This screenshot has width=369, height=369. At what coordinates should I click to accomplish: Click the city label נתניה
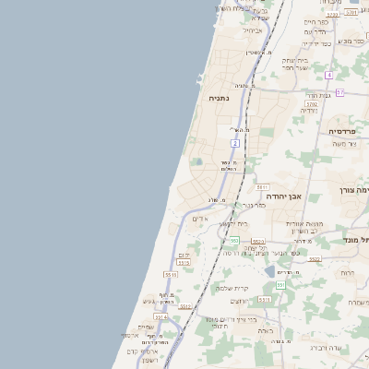coord(218,98)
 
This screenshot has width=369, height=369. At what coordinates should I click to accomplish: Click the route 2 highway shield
coord(235,144)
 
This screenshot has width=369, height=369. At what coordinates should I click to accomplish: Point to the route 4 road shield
coord(328,74)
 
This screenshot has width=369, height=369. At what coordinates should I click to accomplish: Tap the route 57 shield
coord(339,92)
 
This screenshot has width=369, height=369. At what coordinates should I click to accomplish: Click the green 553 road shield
coord(235,240)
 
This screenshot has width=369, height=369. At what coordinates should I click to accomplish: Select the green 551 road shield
coord(280,284)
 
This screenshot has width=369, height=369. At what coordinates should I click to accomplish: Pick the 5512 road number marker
coord(185,306)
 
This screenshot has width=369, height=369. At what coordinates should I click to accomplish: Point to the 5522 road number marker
coord(315,259)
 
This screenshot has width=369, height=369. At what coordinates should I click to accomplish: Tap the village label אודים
coord(201,219)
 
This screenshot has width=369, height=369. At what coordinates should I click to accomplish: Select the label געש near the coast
coord(149,302)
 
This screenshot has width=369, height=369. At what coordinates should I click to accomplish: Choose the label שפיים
coord(146,327)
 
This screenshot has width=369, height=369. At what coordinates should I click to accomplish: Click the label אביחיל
coord(253,30)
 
